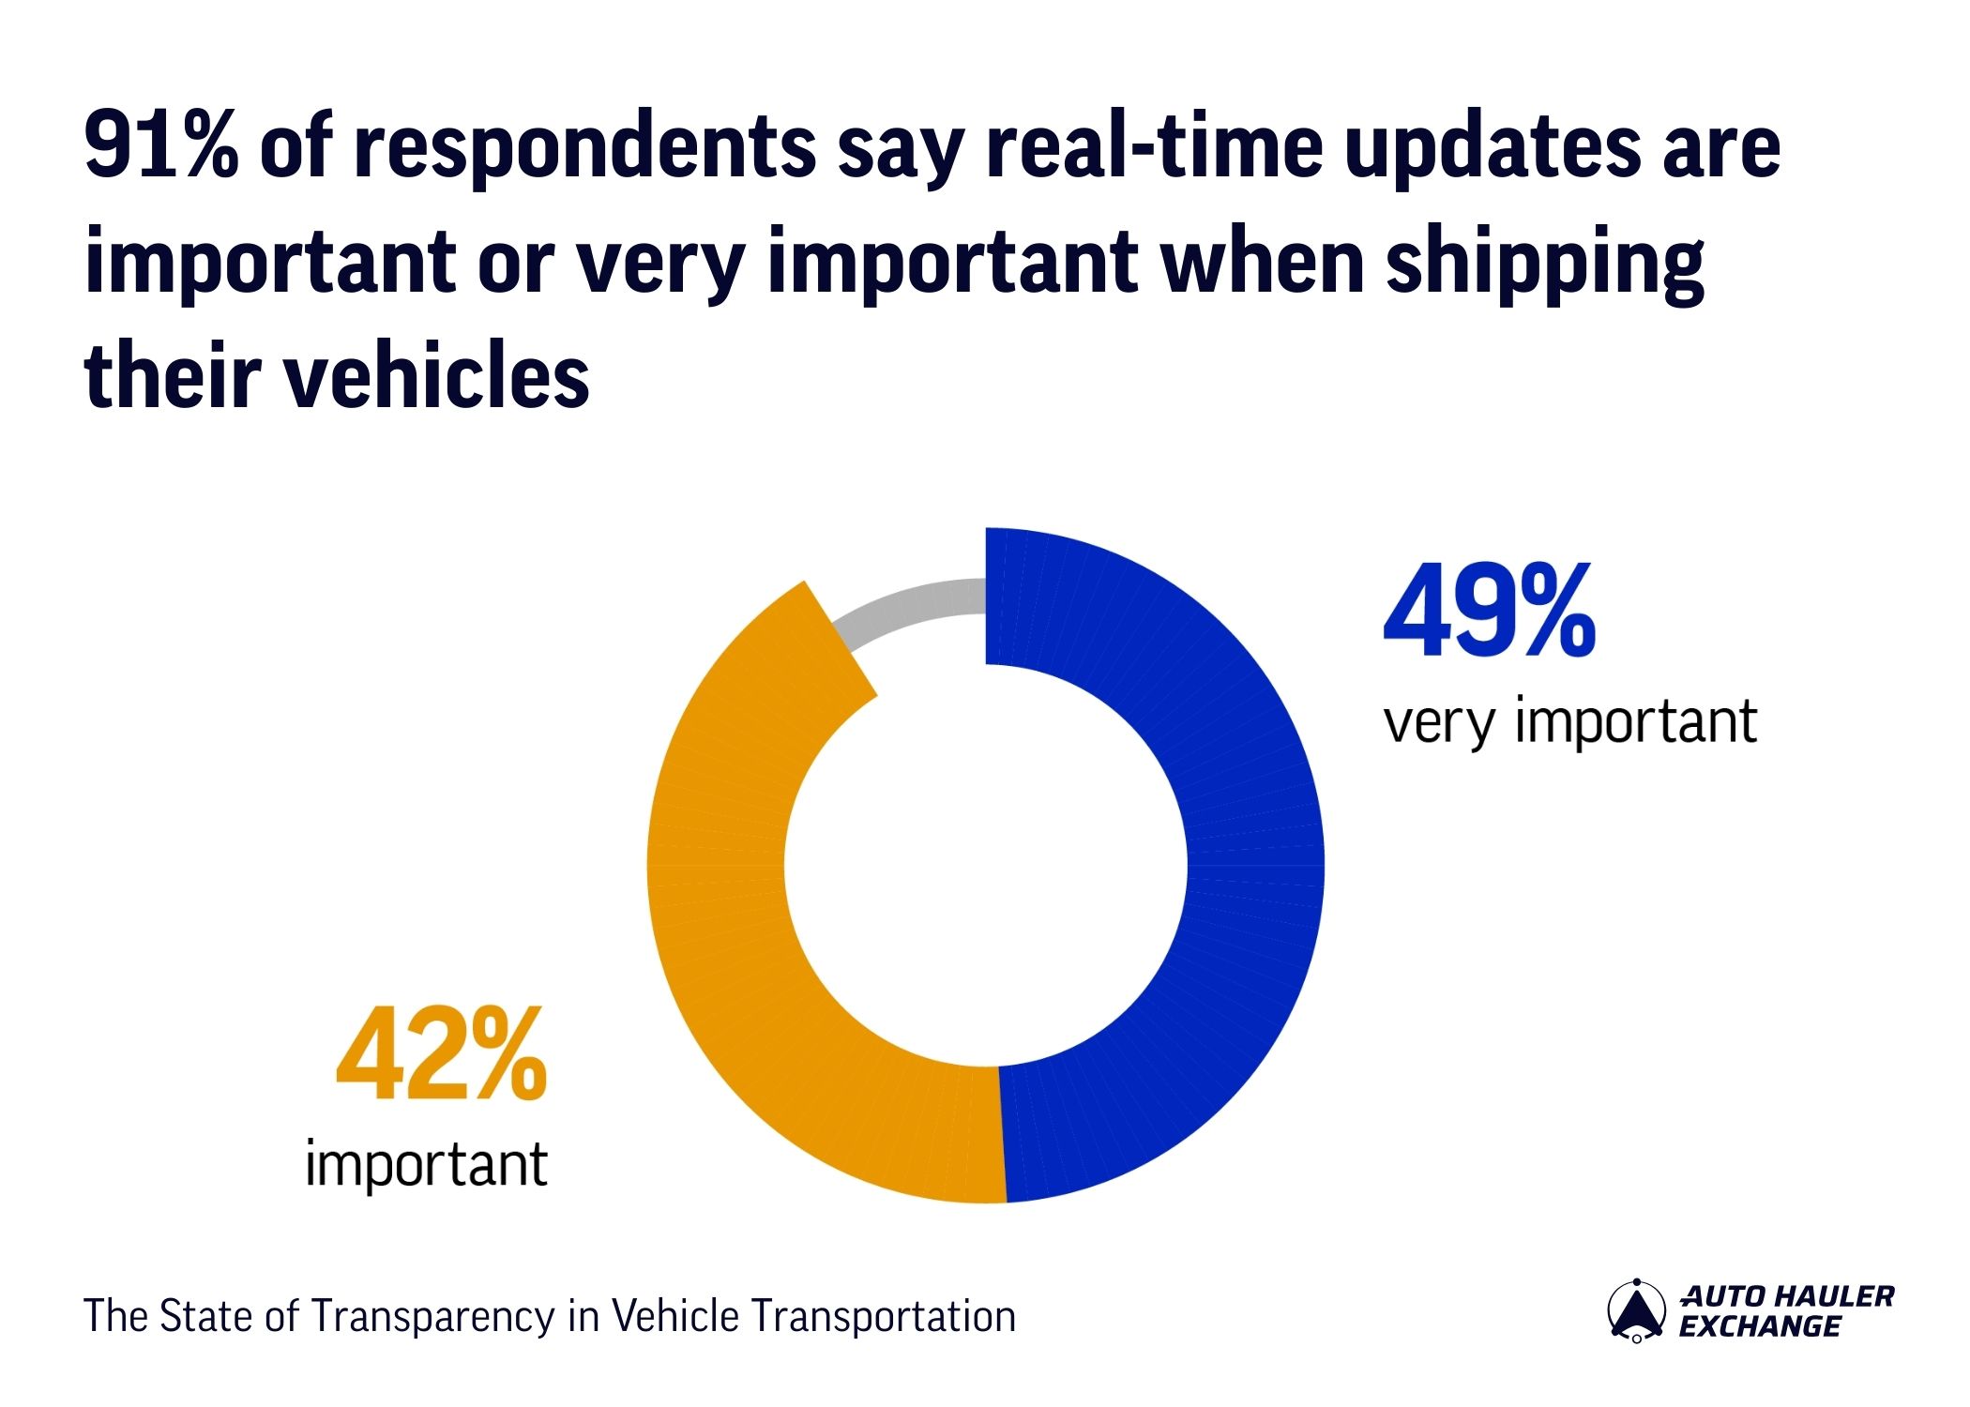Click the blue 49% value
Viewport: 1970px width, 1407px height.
[x=1489, y=612]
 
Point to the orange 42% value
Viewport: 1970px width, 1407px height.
[x=441, y=1055]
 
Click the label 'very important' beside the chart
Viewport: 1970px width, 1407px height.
[x=1569, y=722]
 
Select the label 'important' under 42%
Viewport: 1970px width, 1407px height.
[x=427, y=1165]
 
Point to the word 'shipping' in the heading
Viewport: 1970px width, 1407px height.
[x=1544, y=265]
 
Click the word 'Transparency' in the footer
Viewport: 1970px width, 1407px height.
[x=435, y=1317]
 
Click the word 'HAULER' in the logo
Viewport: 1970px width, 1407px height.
[x=1839, y=1296]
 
